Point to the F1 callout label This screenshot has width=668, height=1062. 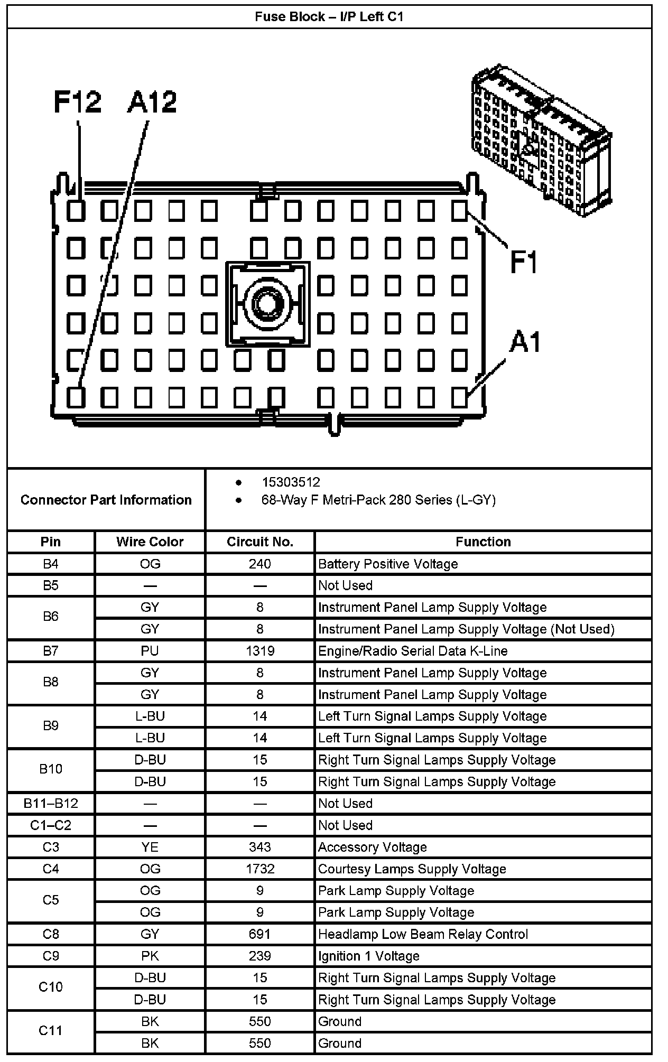pyautogui.click(x=524, y=262)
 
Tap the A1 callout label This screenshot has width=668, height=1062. pyautogui.click(x=525, y=342)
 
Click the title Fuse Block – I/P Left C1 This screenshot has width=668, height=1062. pyautogui.click(x=329, y=17)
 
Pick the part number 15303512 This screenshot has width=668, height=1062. pyautogui.click(x=291, y=482)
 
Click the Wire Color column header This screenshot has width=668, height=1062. pyautogui.click(x=150, y=542)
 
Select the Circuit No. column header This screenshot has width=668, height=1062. pyautogui.click(x=259, y=542)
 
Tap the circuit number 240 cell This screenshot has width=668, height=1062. pyautogui.click(x=259, y=564)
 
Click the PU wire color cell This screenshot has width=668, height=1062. pyautogui.click(x=150, y=651)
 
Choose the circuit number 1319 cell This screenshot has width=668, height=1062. pyautogui.click(x=259, y=651)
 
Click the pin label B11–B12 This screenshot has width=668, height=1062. pyautogui.click(x=51, y=803)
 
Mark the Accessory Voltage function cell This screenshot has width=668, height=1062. pyautogui.click(x=372, y=847)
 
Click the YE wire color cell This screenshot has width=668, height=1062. pyautogui.click(x=150, y=847)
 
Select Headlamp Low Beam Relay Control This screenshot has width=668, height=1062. pyautogui.click(x=423, y=934)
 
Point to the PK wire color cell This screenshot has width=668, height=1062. pyautogui.click(x=150, y=956)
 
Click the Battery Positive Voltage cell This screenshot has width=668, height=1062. pyautogui.click(x=388, y=564)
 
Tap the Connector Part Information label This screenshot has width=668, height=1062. pyautogui.click(x=106, y=500)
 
